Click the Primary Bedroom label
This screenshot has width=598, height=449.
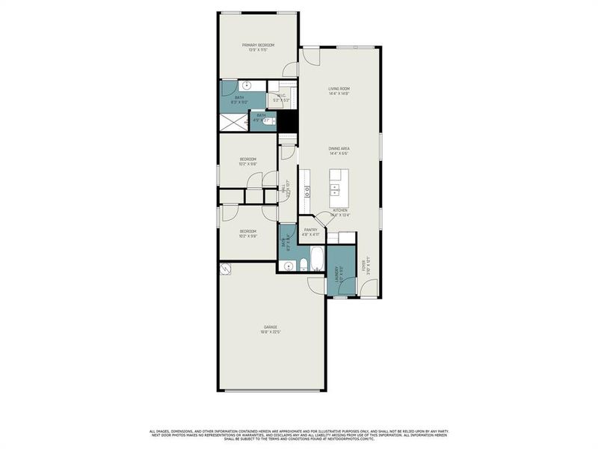258,46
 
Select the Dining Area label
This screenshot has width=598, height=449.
339,150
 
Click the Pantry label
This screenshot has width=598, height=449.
311,232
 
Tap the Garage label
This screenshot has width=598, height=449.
271,329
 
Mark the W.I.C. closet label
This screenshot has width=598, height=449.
282,97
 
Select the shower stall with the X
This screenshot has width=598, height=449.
233,120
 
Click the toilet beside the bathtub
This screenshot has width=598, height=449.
303,265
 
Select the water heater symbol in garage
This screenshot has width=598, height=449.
224,269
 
